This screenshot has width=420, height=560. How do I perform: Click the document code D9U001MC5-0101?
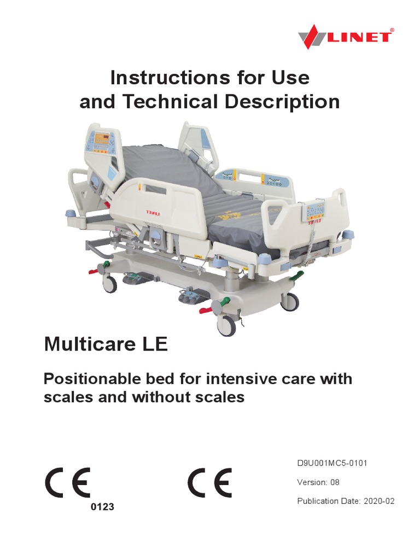click(332, 464)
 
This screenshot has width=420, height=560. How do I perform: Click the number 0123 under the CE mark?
click(102, 507)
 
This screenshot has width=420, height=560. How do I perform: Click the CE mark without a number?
click(210, 482)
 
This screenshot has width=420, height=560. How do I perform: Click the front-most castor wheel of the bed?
click(226, 326)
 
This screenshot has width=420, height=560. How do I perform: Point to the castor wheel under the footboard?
click(290, 301)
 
